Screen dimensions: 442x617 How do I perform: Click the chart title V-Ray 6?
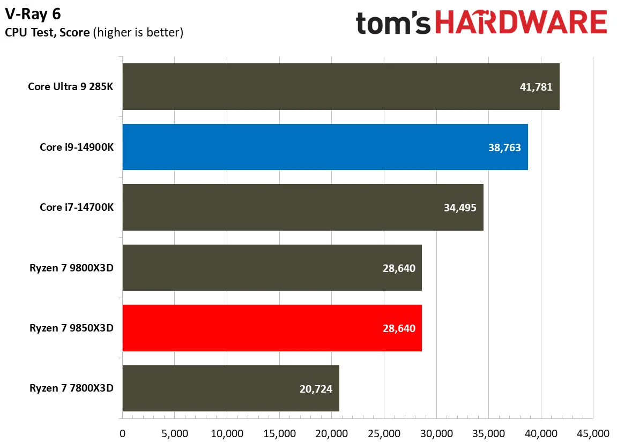(33, 13)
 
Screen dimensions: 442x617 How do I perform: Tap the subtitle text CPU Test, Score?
(47, 33)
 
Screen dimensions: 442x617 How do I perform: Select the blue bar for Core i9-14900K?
(325, 147)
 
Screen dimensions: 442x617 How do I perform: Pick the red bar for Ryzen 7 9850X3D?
(272, 328)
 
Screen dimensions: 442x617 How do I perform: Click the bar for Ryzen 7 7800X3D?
(231, 388)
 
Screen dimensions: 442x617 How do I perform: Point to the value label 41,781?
(536, 87)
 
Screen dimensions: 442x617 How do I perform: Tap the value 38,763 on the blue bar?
(504, 147)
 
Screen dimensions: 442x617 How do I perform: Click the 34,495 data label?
(459, 208)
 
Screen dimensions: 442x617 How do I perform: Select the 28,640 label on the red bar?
(398, 328)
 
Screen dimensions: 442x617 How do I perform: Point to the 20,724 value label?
(315, 389)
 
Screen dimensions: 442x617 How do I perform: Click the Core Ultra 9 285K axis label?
(71, 87)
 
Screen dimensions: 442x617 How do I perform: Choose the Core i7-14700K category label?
(77, 208)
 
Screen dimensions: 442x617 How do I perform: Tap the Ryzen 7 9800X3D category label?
(72, 268)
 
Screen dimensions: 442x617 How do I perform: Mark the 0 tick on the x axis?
(123, 432)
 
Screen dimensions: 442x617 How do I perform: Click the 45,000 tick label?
(592, 432)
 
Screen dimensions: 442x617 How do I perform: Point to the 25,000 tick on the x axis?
(384, 432)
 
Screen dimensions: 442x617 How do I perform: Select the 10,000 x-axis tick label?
(227, 432)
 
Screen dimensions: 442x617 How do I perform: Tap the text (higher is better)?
(138, 33)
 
